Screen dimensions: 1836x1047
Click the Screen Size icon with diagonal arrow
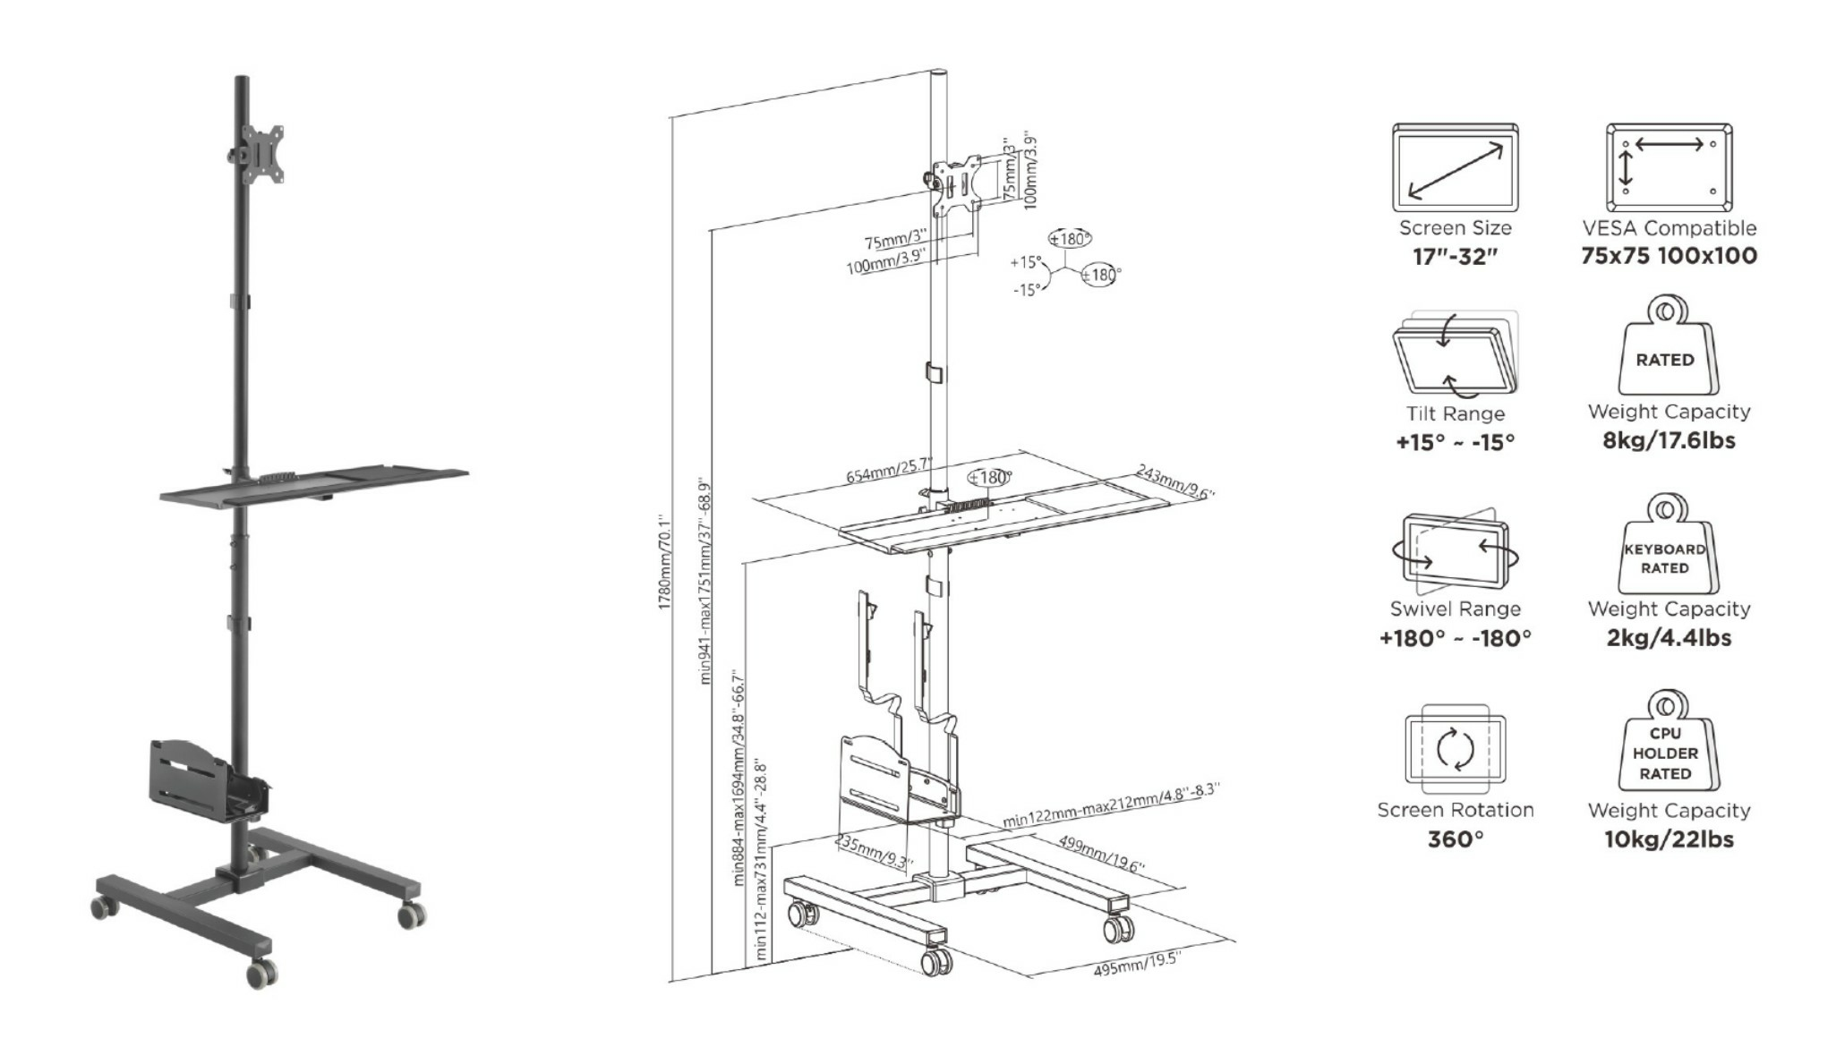(x=1455, y=168)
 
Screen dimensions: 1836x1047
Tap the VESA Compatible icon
(x=1669, y=168)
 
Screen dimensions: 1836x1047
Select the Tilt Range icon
(x=1456, y=354)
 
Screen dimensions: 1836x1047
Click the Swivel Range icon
(x=1456, y=551)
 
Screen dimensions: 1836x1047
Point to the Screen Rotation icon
(x=1456, y=749)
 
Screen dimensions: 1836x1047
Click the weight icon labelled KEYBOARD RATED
(x=1666, y=544)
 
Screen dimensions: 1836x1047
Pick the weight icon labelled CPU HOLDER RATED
(x=1666, y=742)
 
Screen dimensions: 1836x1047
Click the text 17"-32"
(x=1455, y=257)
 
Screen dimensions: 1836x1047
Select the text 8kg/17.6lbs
(x=1669, y=440)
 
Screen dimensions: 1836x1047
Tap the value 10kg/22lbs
(x=1669, y=839)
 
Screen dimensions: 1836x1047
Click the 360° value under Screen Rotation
(x=1456, y=839)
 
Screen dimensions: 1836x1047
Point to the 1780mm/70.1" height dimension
(x=664, y=562)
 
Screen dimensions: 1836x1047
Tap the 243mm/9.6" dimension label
(x=1175, y=481)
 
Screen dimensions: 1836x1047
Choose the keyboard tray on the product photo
(x=314, y=484)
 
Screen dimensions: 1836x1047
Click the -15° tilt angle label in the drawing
(x=1027, y=290)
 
